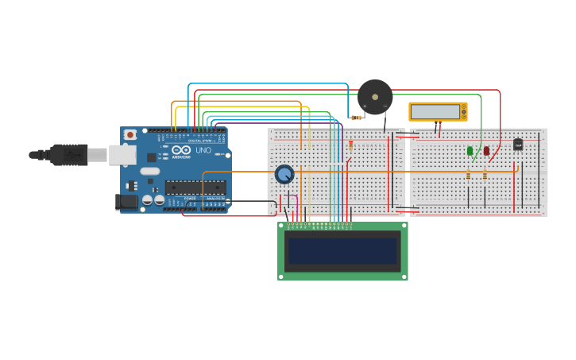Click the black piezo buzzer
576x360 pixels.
tap(375, 97)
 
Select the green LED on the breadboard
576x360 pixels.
tap(470, 150)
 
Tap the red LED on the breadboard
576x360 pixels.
tap(486, 150)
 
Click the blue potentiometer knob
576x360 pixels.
tap(284, 174)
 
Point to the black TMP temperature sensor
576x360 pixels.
tap(518, 145)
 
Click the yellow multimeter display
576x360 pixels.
tap(438, 111)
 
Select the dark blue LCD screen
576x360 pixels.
tap(342, 251)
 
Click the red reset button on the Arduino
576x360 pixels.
tap(130, 136)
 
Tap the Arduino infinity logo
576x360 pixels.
tap(181, 150)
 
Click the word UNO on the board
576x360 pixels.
tap(203, 150)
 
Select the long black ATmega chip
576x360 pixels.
tap(195, 188)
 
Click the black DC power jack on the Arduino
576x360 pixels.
tap(125, 202)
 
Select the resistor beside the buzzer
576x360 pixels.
tap(357, 118)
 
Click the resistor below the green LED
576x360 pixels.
tap(468, 176)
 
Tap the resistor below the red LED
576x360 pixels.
tap(485, 176)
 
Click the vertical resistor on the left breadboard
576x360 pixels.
tap(350, 145)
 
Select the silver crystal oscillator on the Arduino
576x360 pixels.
tap(149, 171)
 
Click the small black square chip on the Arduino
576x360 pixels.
tap(151, 157)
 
